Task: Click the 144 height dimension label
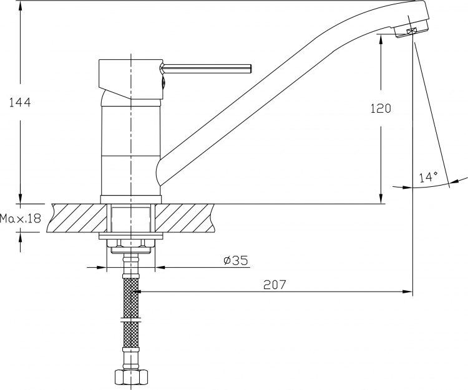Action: pyautogui.click(x=20, y=103)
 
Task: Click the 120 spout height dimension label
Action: pyautogui.click(x=381, y=108)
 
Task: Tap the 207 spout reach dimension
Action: pyautogui.click(x=275, y=285)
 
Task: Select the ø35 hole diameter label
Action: pyautogui.click(x=235, y=260)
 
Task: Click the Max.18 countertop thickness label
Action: pyautogui.click(x=20, y=219)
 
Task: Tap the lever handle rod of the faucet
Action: pyautogui.click(x=207, y=69)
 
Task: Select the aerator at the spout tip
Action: pyautogui.click(x=412, y=31)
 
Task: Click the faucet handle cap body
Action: pyautogui.click(x=131, y=79)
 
